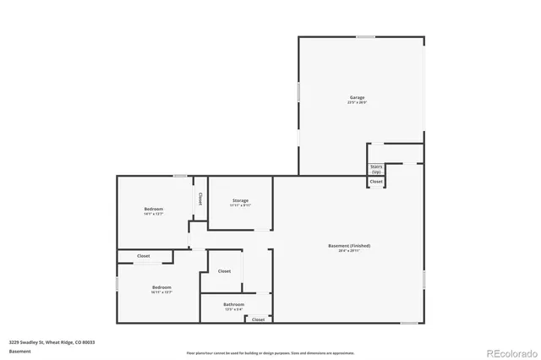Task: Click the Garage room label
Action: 358,97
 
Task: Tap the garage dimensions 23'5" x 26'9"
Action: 358,102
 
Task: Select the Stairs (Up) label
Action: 376,169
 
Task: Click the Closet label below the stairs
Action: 376,182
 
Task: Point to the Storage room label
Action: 240,200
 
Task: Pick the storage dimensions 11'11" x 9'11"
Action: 240,205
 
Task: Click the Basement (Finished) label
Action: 349,246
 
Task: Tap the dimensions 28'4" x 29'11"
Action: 349,251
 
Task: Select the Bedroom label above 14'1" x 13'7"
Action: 153,209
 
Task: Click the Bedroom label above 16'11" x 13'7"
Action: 161,287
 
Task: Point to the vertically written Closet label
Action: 200,198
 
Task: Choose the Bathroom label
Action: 234,304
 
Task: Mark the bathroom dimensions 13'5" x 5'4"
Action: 234,309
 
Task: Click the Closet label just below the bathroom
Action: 259,319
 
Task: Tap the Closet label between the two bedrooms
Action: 144,256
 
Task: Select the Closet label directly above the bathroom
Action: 224,271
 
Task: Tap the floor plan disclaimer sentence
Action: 270,352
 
